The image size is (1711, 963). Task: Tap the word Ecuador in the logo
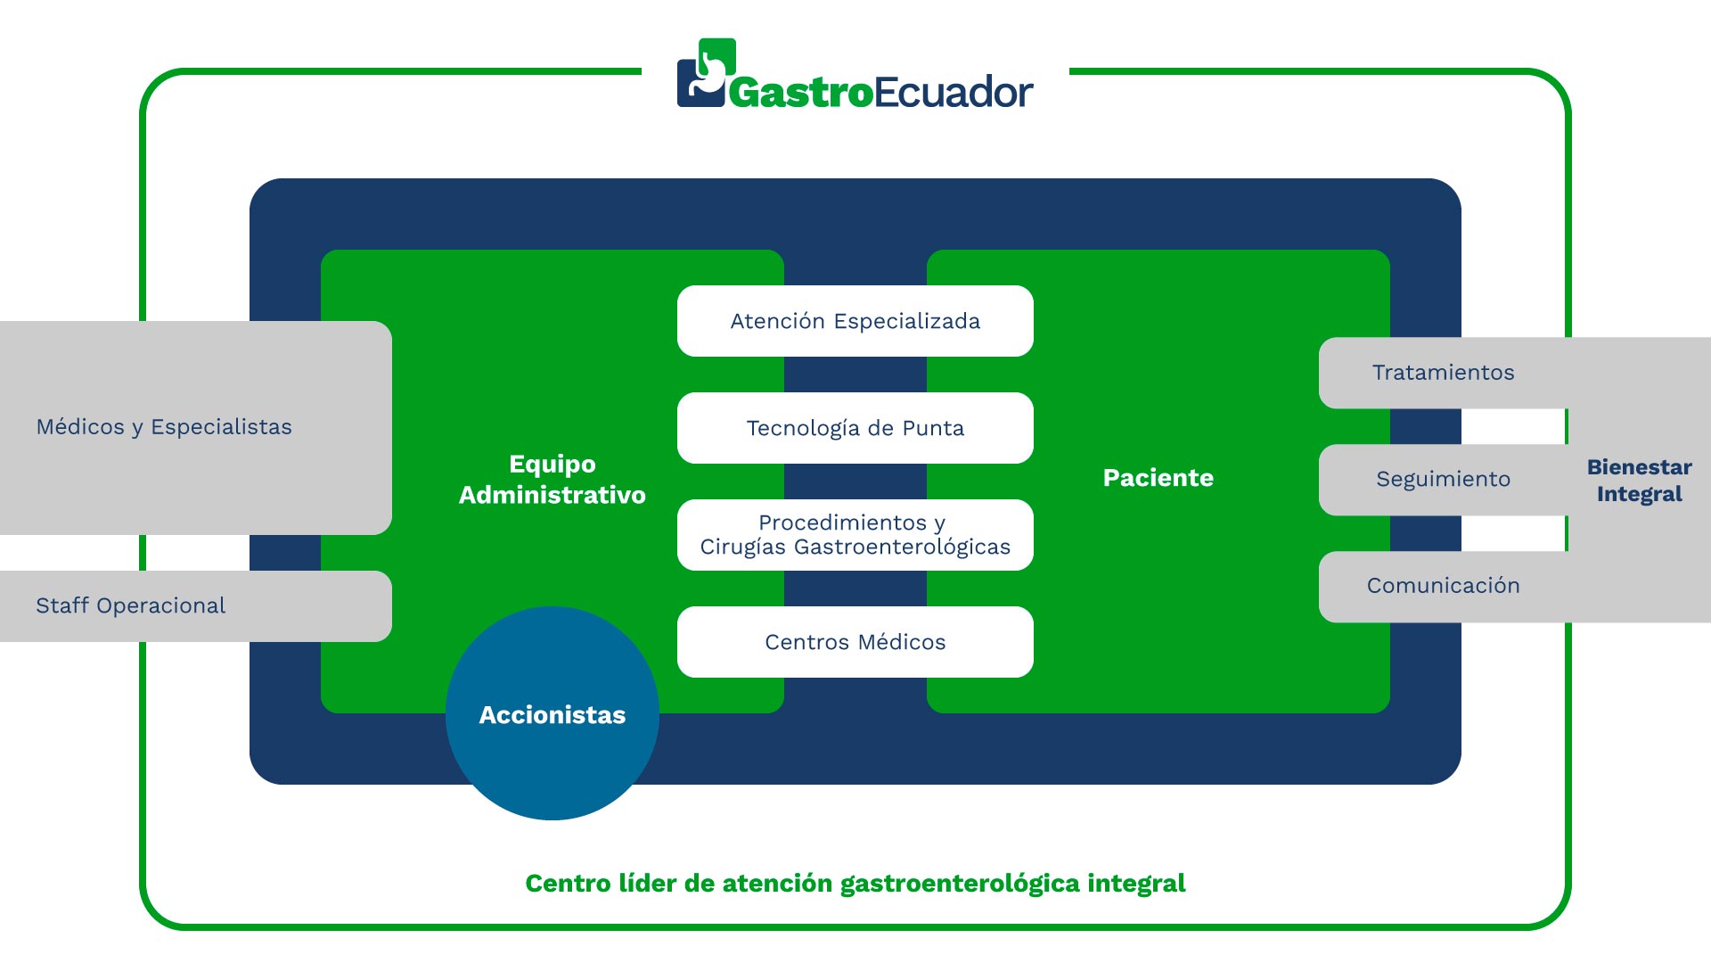point(954,92)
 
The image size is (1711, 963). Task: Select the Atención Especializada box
point(855,321)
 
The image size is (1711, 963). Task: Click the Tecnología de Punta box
point(855,428)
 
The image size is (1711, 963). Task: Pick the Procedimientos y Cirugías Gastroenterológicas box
point(855,535)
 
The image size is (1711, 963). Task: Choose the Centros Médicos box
point(855,642)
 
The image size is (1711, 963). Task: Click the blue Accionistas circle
point(553,713)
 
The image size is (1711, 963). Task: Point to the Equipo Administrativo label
point(553,480)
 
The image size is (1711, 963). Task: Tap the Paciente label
point(1158,478)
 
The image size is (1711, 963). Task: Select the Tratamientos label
point(1444,373)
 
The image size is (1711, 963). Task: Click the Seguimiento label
point(1444,480)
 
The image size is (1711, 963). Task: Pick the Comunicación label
point(1444,586)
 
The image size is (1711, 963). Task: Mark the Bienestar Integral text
point(1640,481)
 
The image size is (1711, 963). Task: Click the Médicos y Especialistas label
point(164,427)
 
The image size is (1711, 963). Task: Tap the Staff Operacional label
point(131,605)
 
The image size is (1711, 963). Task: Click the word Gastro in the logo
point(801,93)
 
